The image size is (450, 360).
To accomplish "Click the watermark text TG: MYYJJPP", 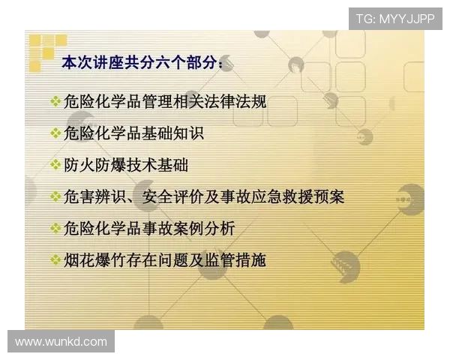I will (x=395, y=18).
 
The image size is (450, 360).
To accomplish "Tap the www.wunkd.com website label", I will (x=61, y=342).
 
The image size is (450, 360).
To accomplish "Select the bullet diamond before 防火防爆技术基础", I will (x=55, y=164).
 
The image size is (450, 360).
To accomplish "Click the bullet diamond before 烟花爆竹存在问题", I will (x=55, y=259).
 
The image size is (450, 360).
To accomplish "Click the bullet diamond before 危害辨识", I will (x=55, y=196).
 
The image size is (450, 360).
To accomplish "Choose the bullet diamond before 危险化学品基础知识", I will (x=55, y=133).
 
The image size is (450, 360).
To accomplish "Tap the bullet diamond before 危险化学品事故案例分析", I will (x=55, y=227).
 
